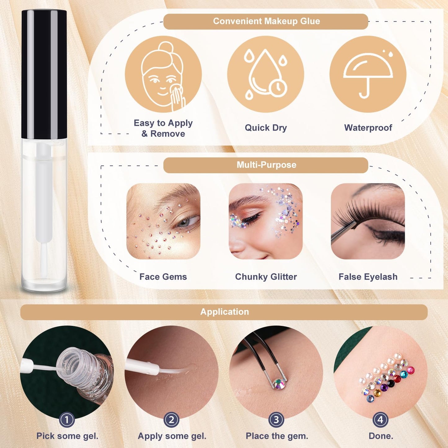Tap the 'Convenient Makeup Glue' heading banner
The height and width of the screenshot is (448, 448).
click(266, 21)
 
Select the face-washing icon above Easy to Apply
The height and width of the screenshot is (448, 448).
click(163, 74)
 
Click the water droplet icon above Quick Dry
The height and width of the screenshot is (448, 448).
click(266, 74)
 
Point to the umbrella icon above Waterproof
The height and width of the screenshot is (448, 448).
click(368, 74)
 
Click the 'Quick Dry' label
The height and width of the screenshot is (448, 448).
click(266, 128)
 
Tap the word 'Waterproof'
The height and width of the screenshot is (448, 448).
click(368, 128)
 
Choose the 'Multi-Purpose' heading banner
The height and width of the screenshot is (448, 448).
click(266, 165)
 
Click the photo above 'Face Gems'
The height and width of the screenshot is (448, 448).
click(163, 221)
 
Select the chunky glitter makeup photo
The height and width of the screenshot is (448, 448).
click(266, 221)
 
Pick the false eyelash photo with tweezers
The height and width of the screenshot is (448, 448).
click(368, 221)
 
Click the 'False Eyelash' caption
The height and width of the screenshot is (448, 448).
click(368, 277)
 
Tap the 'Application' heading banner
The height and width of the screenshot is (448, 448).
click(224, 312)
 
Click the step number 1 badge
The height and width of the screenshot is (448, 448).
click(67, 420)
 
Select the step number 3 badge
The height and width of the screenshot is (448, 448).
click(276, 420)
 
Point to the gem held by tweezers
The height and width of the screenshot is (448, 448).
click(279, 384)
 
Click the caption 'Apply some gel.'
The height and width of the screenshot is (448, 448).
click(172, 436)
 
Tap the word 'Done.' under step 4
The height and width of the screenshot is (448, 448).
click(381, 436)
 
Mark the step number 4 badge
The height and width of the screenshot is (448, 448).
click(381, 420)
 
